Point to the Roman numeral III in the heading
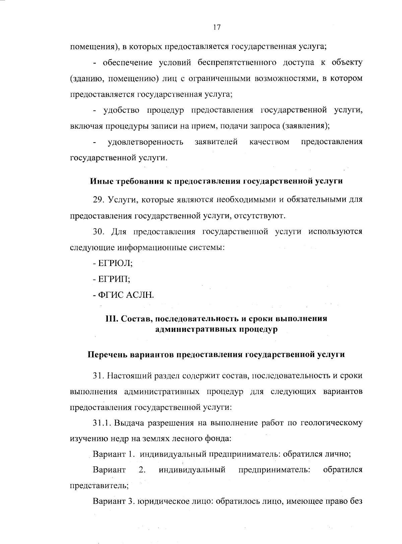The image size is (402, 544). pos(111,319)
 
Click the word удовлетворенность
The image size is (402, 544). pos(145,142)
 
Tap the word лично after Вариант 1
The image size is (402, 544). pos(339,454)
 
